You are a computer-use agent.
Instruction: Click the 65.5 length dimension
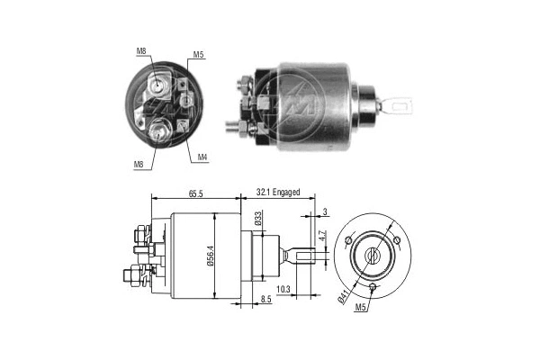(x=194, y=193)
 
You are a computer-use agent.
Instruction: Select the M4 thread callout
(x=203, y=157)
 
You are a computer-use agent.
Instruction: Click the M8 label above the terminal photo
(x=141, y=51)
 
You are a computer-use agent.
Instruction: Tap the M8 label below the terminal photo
(x=139, y=164)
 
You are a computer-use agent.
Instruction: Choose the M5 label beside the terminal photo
(x=199, y=56)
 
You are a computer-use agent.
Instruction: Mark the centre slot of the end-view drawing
(x=371, y=256)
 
